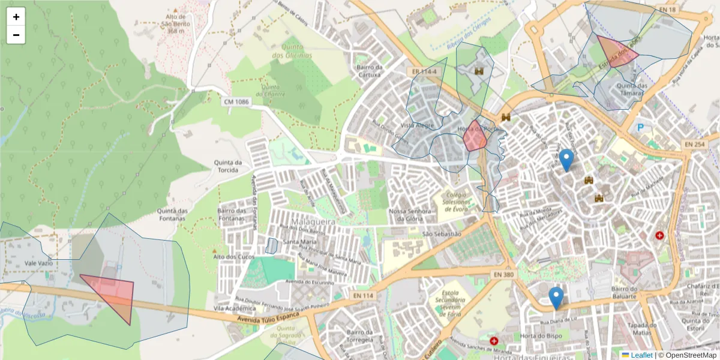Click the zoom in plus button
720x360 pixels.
pyautogui.click(x=16, y=17)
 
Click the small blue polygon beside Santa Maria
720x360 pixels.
pyautogui.click(x=272, y=246)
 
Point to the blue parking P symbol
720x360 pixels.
pyautogui.click(x=640, y=127)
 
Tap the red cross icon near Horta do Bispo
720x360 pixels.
pyautogui.click(x=494, y=341)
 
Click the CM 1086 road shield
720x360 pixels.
pyautogui.click(x=236, y=102)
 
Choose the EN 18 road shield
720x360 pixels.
pyautogui.click(x=667, y=10)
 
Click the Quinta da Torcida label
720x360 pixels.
pyautogui.click(x=228, y=166)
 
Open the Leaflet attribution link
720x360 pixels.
pyautogui.click(x=641, y=355)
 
